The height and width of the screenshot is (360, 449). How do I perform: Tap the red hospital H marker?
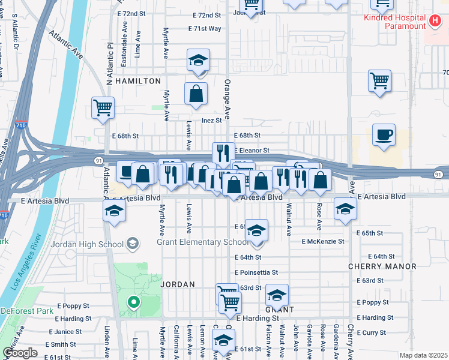pos(436,23)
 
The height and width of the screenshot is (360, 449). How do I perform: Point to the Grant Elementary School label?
pos(202,242)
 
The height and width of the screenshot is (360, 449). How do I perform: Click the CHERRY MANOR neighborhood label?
pos(382,266)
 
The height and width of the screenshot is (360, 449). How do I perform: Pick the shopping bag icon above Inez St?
pos(196,94)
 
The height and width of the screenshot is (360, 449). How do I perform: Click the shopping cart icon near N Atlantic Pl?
pos(103,108)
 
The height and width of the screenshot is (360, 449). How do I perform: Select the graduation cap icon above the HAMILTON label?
pos(198,60)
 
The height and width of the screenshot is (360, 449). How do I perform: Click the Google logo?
pos(20,353)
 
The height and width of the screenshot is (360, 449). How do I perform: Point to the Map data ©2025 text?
pos(423,355)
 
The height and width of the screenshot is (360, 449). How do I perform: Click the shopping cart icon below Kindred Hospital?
pos(379,80)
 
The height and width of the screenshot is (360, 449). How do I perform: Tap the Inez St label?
pos(212,120)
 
